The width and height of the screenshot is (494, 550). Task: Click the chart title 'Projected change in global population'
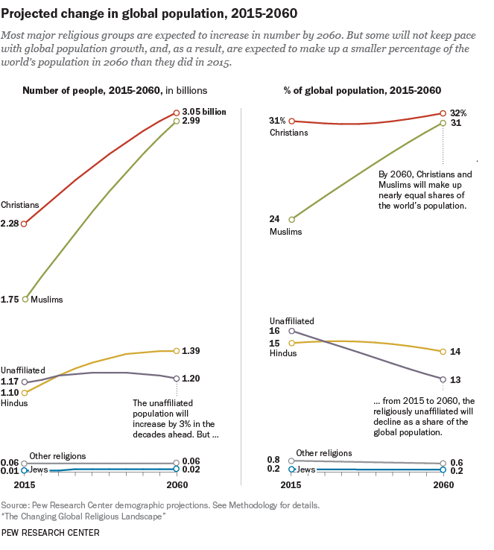point(139,14)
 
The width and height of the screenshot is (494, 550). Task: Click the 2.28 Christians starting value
point(10,223)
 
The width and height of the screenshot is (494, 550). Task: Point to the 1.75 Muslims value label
point(10,299)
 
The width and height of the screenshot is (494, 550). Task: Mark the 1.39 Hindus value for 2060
point(191,350)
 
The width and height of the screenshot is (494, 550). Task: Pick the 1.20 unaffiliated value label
point(191,378)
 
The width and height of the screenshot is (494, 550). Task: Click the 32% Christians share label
point(457,113)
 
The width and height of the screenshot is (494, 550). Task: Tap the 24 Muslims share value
point(275,219)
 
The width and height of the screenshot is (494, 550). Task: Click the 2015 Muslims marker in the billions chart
point(25,299)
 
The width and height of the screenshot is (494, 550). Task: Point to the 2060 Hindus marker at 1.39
point(176,350)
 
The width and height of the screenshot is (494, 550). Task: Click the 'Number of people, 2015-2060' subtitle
point(92,90)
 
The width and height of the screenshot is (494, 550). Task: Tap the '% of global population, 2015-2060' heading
point(362,90)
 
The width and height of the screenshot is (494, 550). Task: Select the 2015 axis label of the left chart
point(25,484)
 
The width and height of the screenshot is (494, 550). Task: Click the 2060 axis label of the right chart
point(443,484)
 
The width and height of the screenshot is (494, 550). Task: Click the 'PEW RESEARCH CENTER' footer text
point(50,533)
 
